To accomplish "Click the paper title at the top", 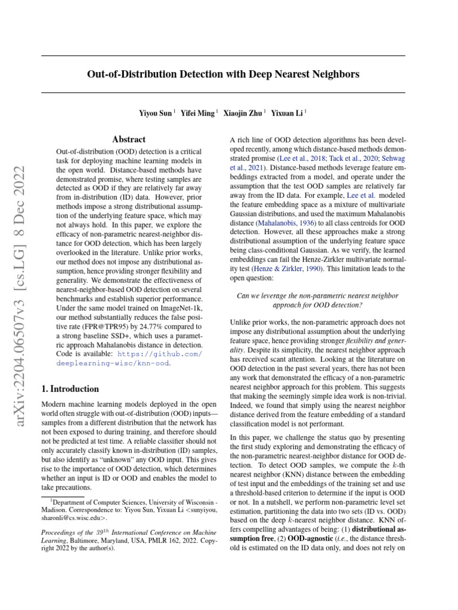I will click(222, 74).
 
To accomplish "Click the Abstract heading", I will click(129, 139).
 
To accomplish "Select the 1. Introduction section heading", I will click(70, 389).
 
